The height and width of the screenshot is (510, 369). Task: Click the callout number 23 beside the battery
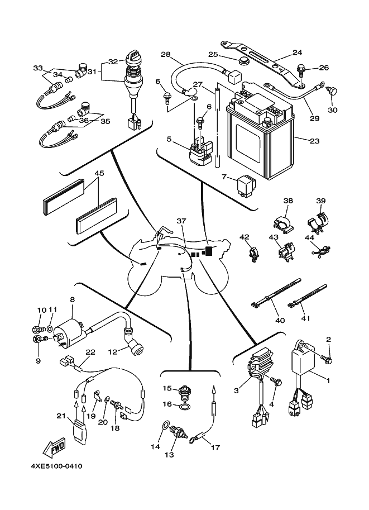coord(314,141)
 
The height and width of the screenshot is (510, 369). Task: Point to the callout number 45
coord(99,174)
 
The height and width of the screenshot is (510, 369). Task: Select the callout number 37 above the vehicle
coord(180,221)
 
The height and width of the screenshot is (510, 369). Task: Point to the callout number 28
coord(165,55)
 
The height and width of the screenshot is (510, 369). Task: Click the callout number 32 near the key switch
coord(114,61)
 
